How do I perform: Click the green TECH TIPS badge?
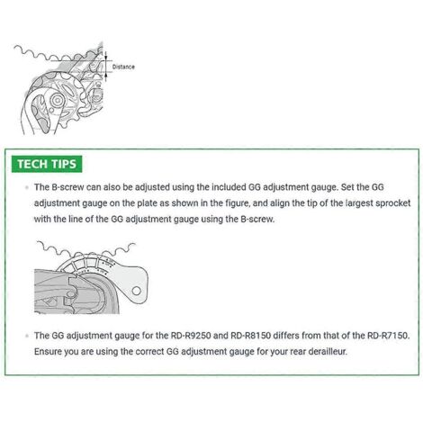tap(47, 164)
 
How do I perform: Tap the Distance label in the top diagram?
tap(123, 67)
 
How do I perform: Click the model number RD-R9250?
tap(191, 335)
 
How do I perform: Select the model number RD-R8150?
tap(250, 335)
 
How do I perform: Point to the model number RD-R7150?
tap(388, 335)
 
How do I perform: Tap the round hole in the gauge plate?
tap(136, 291)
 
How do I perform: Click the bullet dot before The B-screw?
tap(27, 187)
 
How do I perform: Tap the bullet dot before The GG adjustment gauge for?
tap(27, 336)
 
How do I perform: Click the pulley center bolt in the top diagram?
tap(57, 101)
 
